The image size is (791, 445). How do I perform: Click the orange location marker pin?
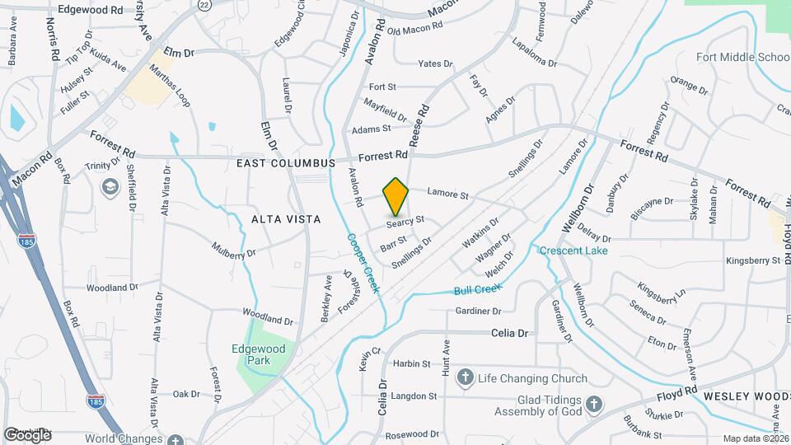396,196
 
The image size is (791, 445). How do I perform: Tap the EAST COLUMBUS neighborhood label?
285,163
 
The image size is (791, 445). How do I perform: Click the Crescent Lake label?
574,251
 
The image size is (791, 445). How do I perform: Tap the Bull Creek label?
477,289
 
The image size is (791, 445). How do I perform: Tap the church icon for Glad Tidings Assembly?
595,403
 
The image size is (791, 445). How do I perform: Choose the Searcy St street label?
405,221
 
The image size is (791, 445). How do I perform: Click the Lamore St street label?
447,194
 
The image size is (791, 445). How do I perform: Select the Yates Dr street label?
435,63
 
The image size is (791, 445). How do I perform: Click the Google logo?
26,433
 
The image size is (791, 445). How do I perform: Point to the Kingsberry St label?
752,260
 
